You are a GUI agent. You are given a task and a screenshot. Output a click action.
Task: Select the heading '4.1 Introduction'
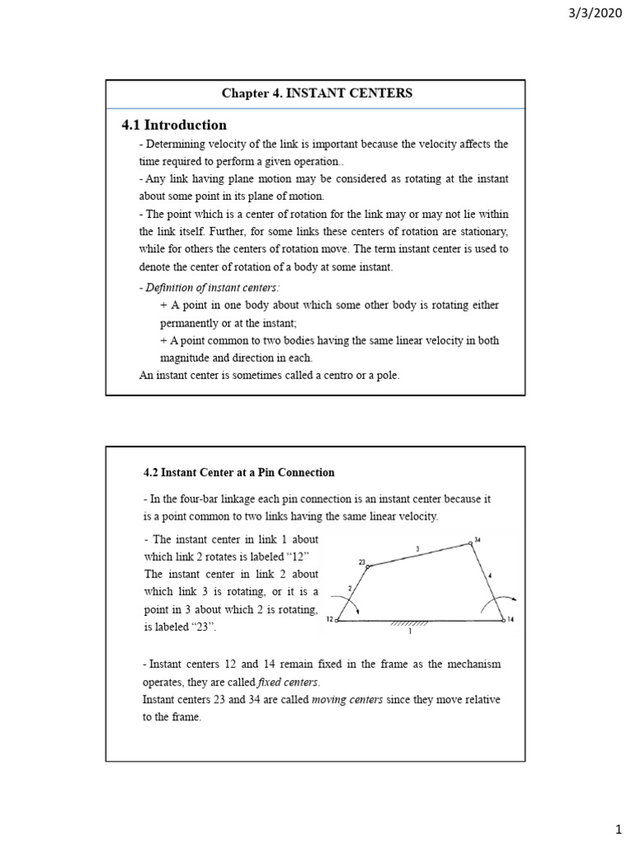[174, 125]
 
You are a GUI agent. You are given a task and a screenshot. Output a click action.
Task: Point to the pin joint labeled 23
[368, 566]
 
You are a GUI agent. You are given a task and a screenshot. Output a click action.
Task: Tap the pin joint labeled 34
[470, 543]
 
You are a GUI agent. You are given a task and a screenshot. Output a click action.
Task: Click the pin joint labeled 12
[337, 621]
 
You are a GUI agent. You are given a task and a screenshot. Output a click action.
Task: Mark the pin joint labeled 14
[503, 621]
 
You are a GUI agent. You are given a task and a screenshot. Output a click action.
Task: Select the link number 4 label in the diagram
[491, 576]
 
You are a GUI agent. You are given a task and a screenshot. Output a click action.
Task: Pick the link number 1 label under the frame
[409, 632]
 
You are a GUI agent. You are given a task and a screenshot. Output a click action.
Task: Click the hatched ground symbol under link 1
[409, 624]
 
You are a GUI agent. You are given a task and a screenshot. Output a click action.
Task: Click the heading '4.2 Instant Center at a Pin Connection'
[239, 473]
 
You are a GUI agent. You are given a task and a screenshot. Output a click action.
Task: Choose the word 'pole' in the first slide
[386, 376]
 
